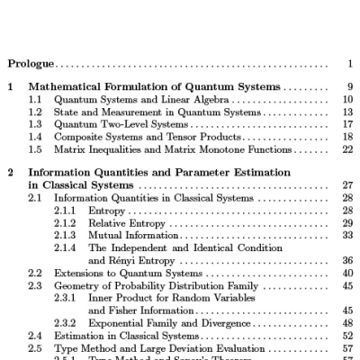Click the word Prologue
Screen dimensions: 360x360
(31, 64)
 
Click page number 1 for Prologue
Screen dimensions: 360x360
(349, 64)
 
